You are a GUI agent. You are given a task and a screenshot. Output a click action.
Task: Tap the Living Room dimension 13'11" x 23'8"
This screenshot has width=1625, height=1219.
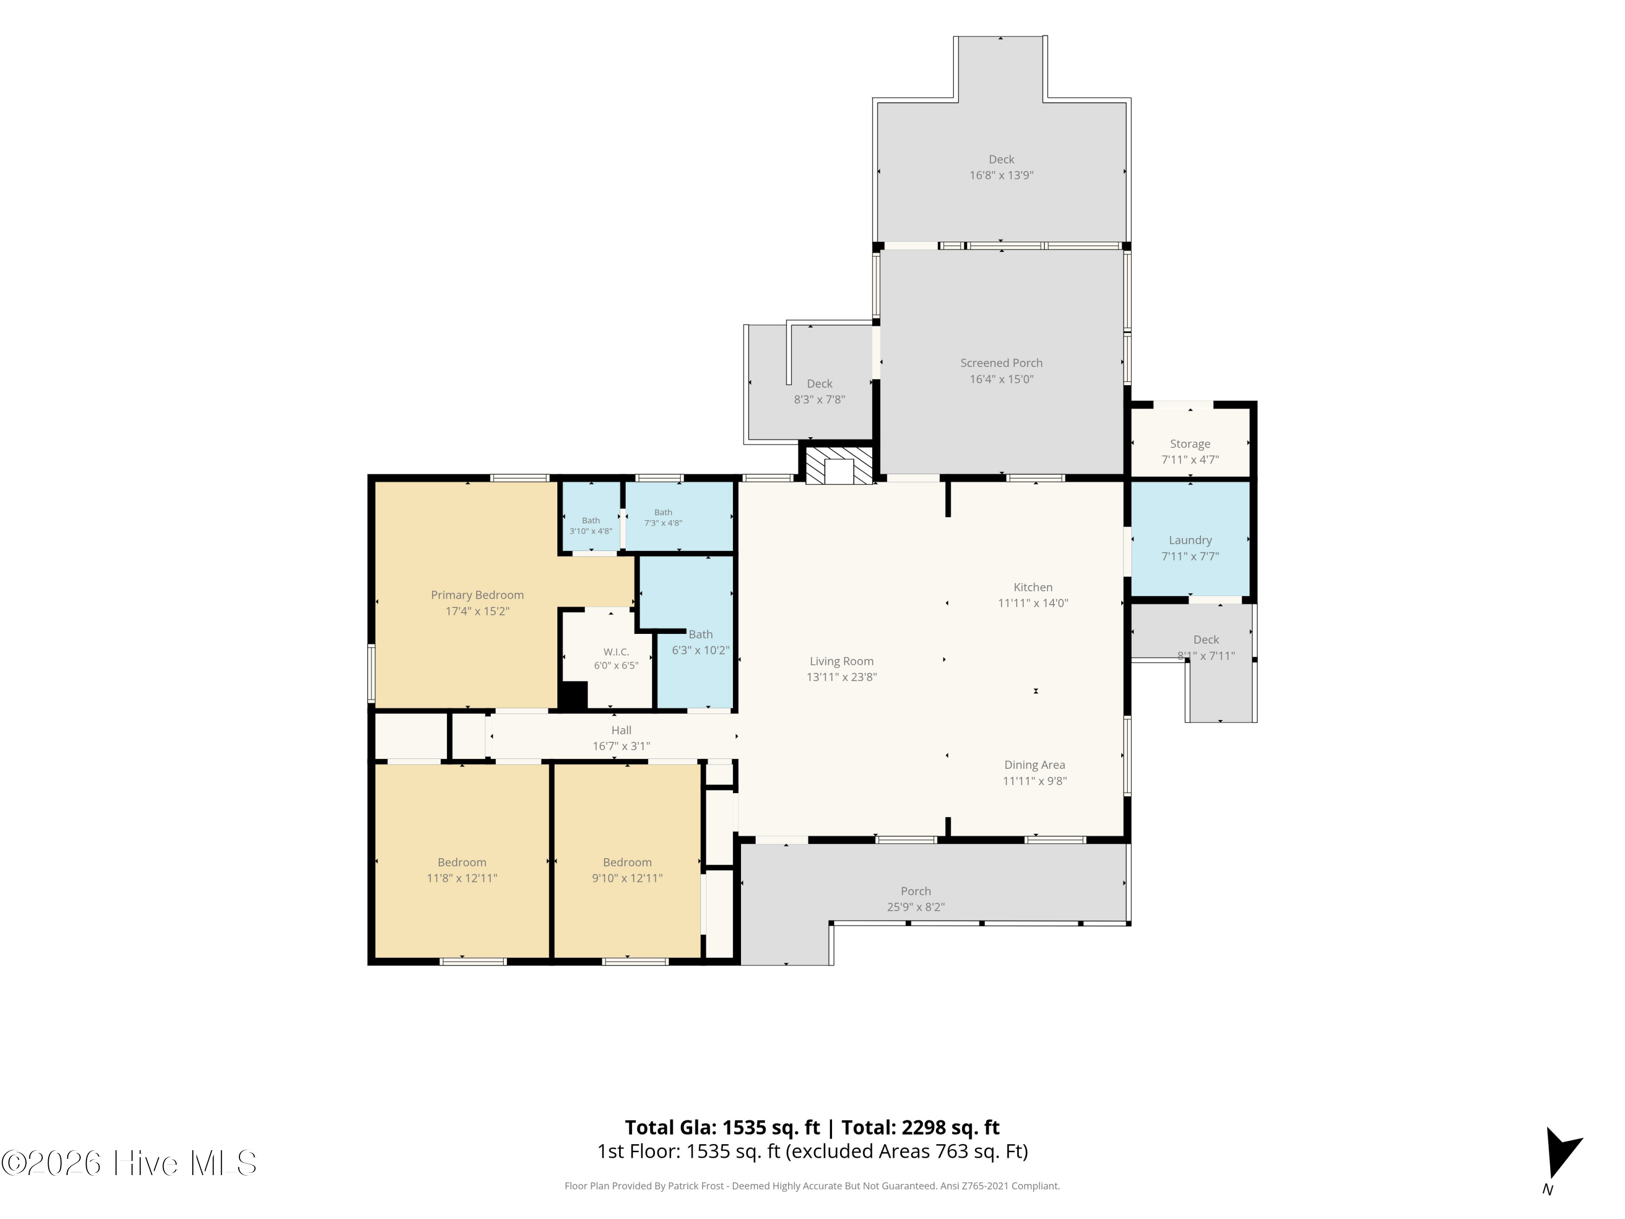coord(841,677)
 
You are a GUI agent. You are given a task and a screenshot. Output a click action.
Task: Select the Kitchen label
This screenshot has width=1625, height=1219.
coord(1033,587)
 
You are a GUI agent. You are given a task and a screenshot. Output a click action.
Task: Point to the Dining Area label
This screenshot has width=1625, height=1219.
coord(1035,765)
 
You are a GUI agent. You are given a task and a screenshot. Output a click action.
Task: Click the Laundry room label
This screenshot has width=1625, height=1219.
coord(1190,541)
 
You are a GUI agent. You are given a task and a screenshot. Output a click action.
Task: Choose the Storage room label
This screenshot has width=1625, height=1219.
coord(1190,444)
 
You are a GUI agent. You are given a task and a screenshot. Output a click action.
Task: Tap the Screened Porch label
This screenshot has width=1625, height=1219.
coord(1002,363)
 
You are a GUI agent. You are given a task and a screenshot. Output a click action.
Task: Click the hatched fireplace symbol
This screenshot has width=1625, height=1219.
coord(839,466)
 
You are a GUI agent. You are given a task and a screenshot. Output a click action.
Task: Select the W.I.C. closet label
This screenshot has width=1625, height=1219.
coord(616,652)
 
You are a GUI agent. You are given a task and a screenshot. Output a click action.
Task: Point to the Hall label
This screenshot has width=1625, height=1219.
coord(621,730)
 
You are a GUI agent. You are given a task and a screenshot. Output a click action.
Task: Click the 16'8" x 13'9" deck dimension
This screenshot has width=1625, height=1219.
coord(1002,176)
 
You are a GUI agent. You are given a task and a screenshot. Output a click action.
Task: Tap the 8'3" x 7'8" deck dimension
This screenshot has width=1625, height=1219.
coord(819,400)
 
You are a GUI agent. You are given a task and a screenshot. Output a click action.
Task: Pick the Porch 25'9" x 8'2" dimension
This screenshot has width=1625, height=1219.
coord(915,907)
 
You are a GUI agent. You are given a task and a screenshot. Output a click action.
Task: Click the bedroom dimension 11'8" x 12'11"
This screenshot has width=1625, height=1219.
coord(462,878)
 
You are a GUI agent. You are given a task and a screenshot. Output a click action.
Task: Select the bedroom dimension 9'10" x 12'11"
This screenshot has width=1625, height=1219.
coord(627,878)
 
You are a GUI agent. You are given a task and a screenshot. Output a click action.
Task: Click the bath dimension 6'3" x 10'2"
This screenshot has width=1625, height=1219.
coord(701,650)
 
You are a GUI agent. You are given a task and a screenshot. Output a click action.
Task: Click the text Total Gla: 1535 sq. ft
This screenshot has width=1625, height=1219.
coord(722,1128)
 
